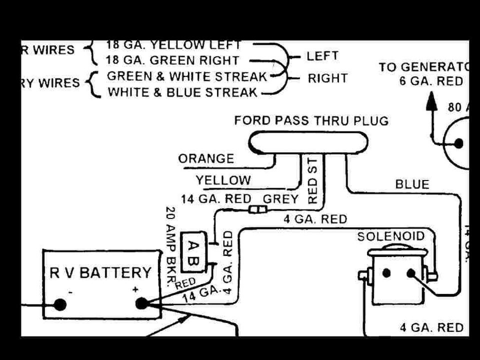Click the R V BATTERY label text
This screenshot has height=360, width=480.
[x=100, y=272]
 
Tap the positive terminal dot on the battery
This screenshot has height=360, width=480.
[x=141, y=303]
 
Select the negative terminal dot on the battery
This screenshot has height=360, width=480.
[x=59, y=304]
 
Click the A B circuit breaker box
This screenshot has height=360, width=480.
[x=193, y=252]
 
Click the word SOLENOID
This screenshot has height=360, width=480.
[x=390, y=236]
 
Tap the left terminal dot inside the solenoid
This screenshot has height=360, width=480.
[x=386, y=273]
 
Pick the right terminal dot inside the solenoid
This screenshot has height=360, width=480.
[x=411, y=273]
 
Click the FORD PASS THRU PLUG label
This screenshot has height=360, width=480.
[x=311, y=121]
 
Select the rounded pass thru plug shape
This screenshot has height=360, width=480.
[x=309, y=142]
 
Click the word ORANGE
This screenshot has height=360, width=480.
[x=206, y=158]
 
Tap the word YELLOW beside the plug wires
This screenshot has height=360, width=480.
[x=223, y=180]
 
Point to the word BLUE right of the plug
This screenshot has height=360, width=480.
[x=412, y=184]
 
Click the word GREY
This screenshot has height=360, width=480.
[x=280, y=198]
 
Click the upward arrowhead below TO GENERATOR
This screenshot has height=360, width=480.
[x=431, y=102]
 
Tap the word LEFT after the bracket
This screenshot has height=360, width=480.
[x=322, y=55]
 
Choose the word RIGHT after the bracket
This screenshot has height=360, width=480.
[x=327, y=78]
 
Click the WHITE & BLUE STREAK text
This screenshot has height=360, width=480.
[x=182, y=92]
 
